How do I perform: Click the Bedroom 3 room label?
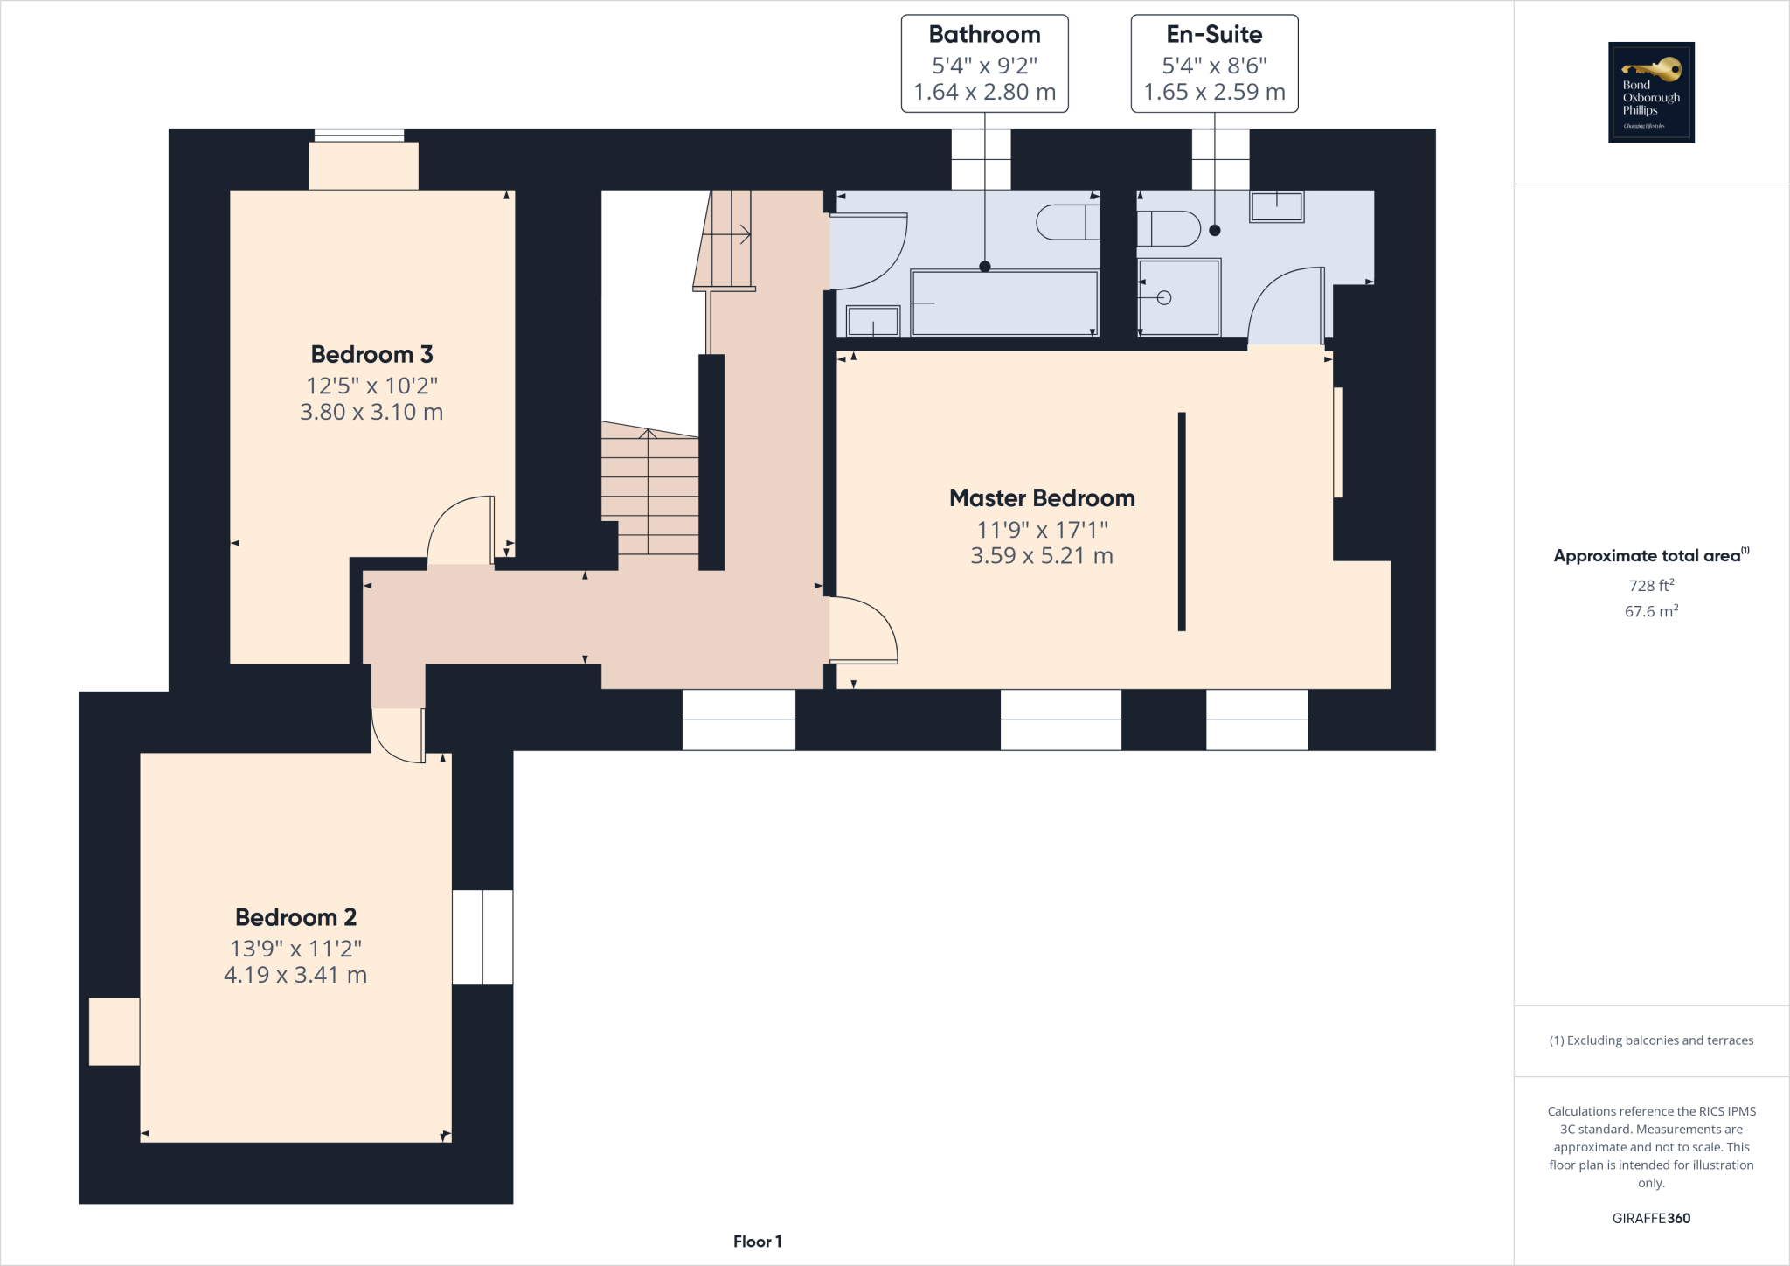coord(371,354)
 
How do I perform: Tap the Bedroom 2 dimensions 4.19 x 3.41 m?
coord(295,975)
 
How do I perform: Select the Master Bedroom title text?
coord(1042,498)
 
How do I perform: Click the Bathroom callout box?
coord(984,63)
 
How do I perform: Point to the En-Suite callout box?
coord(1214,63)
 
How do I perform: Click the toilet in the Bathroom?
coord(1067,222)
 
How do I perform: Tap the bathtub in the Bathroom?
coord(1004,303)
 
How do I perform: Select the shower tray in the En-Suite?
coord(1179,297)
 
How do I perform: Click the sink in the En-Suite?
coord(1276,207)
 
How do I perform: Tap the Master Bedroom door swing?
coord(864,630)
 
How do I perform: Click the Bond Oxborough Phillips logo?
coord(1651,92)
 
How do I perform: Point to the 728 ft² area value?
coord(1651,585)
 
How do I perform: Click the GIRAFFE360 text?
coord(1651,1218)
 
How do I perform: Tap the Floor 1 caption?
coord(757,1242)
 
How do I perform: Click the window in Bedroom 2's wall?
coord(482,937)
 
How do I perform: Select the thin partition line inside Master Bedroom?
coord(1182,521)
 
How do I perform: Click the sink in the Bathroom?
coord(872,321)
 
